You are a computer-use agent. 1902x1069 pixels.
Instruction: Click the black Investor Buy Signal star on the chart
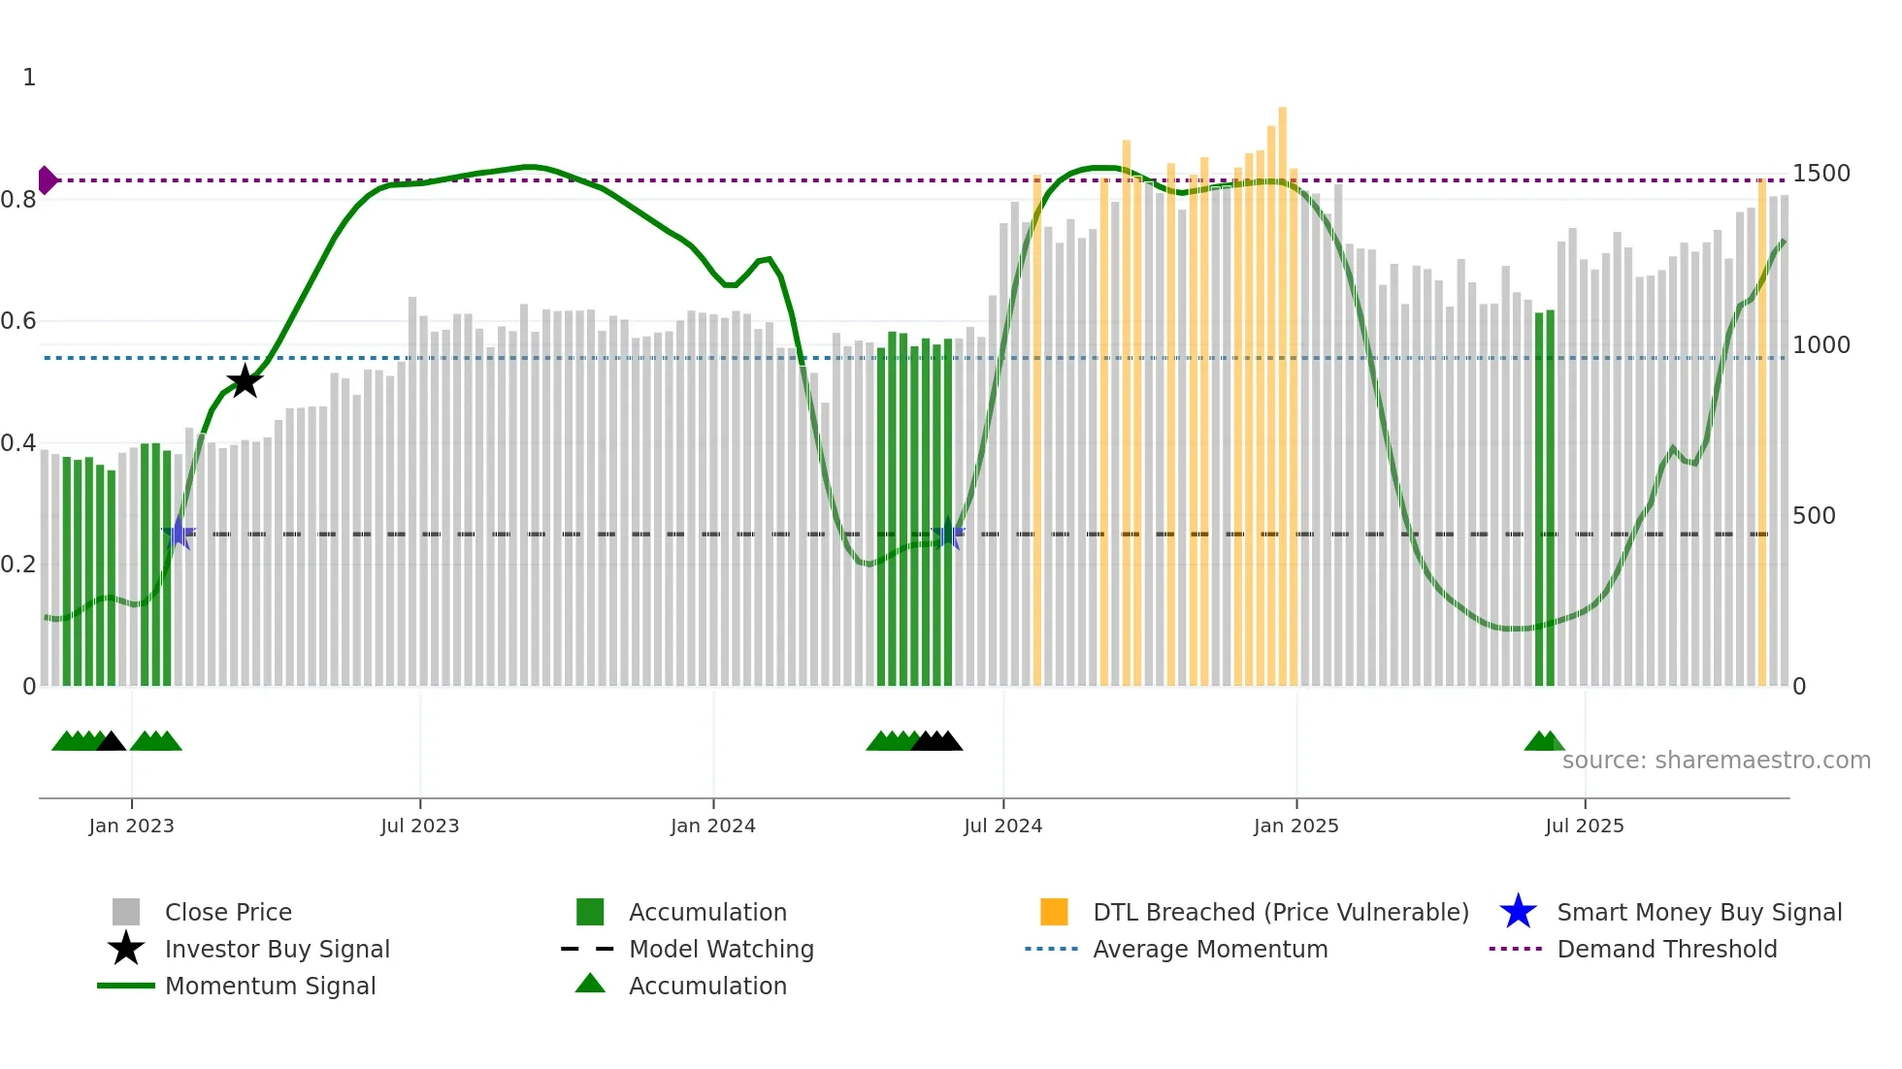245,381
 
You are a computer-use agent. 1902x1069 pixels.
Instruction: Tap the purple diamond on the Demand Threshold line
47,180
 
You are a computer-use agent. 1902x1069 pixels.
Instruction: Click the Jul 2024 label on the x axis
1002,826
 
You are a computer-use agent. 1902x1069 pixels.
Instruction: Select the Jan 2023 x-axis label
131,826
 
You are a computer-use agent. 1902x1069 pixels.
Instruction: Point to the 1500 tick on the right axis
1820,174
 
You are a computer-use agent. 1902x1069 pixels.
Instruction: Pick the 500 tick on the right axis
1813,516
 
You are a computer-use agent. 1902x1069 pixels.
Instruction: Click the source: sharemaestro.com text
1716,761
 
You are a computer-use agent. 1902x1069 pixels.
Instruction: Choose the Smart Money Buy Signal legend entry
1698,912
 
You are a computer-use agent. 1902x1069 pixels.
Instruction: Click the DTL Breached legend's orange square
1054,912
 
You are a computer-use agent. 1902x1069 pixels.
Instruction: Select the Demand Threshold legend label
1666,949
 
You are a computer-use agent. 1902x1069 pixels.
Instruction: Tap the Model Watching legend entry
720,949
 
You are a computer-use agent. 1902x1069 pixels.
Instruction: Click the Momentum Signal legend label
270,986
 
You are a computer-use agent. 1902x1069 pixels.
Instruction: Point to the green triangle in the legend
590,984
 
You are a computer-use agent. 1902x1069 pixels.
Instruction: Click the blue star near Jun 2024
948,534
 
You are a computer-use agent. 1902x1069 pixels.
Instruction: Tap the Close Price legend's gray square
126,912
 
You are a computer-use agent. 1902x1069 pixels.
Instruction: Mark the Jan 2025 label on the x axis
1295,826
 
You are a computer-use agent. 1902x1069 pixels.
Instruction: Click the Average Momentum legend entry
1209,949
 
